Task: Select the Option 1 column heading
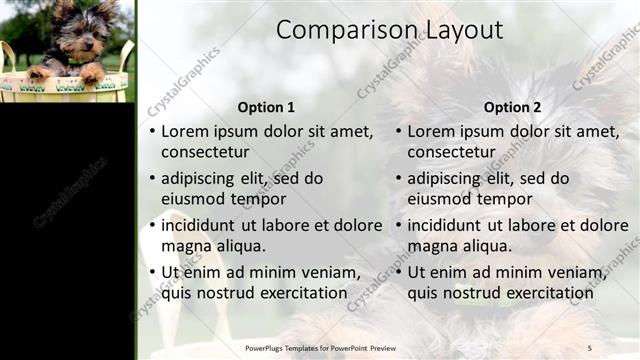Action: (x=266, y=107)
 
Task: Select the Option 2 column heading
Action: (x=512, y=107)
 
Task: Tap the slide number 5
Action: (x=589, y=347)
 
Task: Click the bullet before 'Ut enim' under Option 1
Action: (x=152, y=272)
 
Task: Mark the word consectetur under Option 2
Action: (x=452, y=152)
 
